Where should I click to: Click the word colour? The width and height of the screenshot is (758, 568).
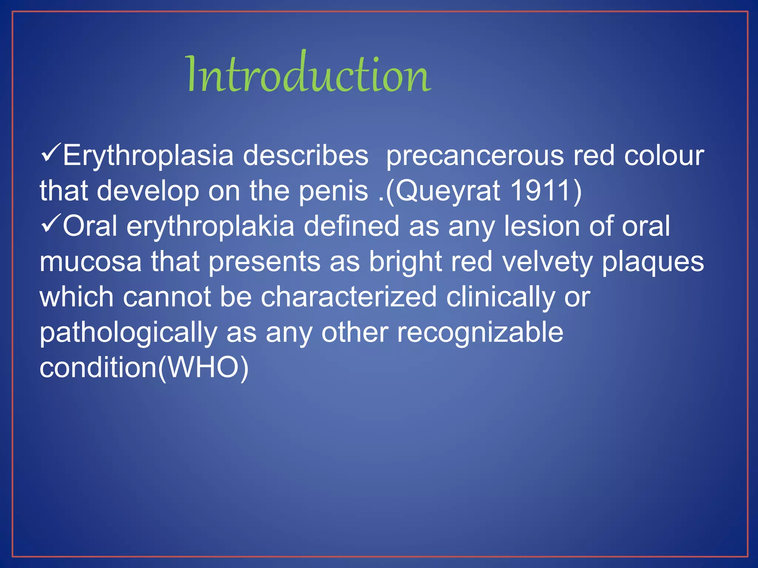coord(664,155)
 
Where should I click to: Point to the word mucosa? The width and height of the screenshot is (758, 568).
coord(91,262)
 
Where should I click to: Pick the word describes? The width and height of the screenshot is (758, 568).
coord(305,155)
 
